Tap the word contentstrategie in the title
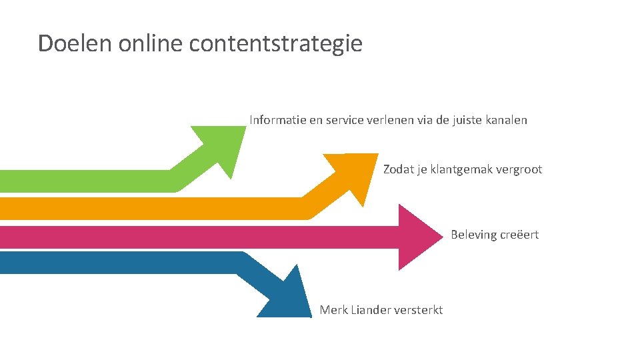click(276, 43)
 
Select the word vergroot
click(519, 170)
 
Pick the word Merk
click(333, 310)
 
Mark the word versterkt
click(419, 310)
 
